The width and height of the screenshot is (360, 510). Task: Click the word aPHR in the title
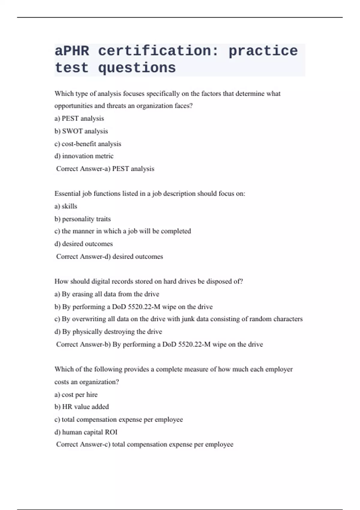[x=72, y=51]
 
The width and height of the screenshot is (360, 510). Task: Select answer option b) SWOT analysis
[x=81, y=131]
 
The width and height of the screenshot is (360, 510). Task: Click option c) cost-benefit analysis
[x=88, y=144]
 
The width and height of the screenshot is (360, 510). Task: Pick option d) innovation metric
[x=84, y=156]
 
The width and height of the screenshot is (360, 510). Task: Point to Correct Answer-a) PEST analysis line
[x=105, y=169]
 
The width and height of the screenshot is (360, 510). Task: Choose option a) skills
[x=66, y=206]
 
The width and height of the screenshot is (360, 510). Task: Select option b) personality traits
[x=82, y=219]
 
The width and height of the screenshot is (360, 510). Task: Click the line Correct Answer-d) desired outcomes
[x=109, y=256]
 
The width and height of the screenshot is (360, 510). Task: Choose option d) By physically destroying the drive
[x=108, y=331]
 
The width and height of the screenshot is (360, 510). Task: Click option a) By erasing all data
[x=107, y=294]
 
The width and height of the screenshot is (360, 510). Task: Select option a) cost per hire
[x=76, y=394]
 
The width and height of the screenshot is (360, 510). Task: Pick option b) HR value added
[x=82, y=407]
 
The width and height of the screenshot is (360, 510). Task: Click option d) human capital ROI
[x=86, y=432]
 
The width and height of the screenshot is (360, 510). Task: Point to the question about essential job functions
[x=150, y=193]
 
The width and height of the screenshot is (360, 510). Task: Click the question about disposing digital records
[x=148, y=281]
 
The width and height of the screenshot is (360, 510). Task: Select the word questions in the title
[x=137, y=68]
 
